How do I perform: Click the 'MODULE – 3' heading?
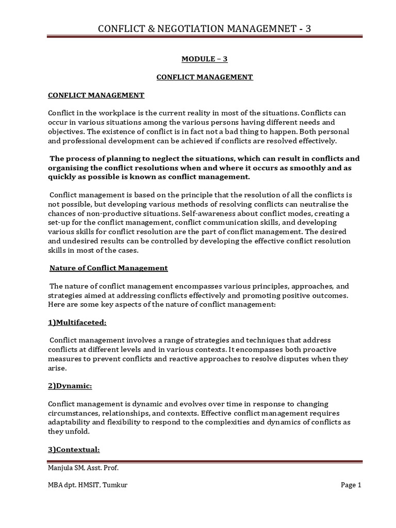[205, 59]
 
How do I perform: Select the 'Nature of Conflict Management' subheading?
[108, 268]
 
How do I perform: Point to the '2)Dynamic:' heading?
[70, 386]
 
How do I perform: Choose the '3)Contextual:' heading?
[74, 449]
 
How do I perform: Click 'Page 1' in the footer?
[351, 485]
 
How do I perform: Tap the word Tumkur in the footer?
[115, 485]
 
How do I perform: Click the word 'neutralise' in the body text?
[316, 204]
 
